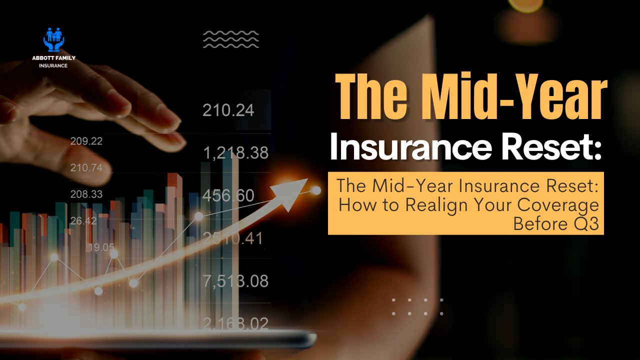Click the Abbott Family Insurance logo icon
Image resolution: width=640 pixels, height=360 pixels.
[53, 40]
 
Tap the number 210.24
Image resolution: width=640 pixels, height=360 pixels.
[228, 110]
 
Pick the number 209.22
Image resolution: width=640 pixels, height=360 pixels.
[86, 141]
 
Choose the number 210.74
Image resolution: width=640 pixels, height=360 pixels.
[86, 167]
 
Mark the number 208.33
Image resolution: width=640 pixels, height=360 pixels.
[86, 194]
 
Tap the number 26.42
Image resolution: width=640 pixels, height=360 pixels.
[83, 220]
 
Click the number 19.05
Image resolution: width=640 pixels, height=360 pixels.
[101, 247]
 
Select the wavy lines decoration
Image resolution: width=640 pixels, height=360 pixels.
[230, 39]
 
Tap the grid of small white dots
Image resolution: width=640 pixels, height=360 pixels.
[417, 306]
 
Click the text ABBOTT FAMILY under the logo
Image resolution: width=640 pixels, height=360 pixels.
[53, 58]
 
